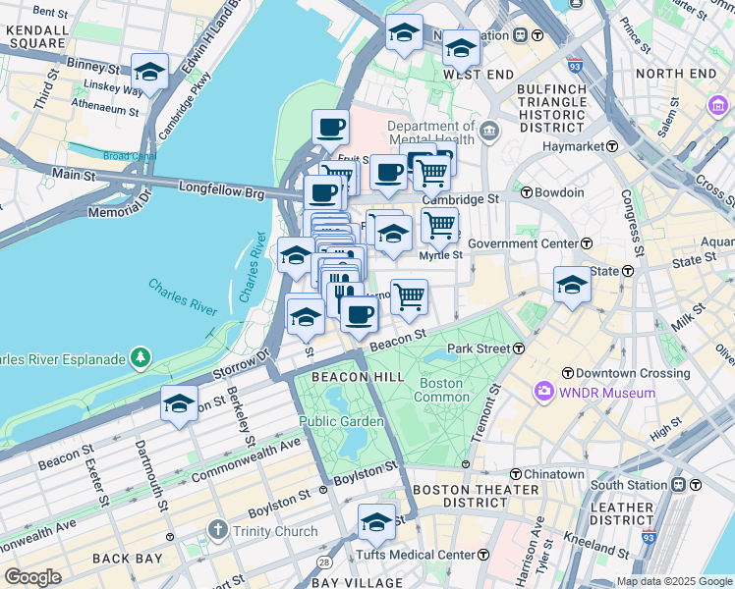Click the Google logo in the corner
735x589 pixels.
tap(32, 576)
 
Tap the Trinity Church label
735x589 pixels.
tap(275, 532)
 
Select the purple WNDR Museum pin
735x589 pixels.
tap(543, 393)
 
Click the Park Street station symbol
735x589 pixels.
tap(517, 348)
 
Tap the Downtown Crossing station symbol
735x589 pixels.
tap(568, 373)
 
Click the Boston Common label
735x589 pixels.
tap(442, 390)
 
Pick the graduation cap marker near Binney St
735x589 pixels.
tap(148, 72)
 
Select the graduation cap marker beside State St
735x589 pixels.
tap(572, 285)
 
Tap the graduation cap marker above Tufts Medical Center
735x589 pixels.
tap(376, 522)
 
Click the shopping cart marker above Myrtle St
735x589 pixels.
tap(439, 224)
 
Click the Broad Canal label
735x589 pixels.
tap(129, 156)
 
